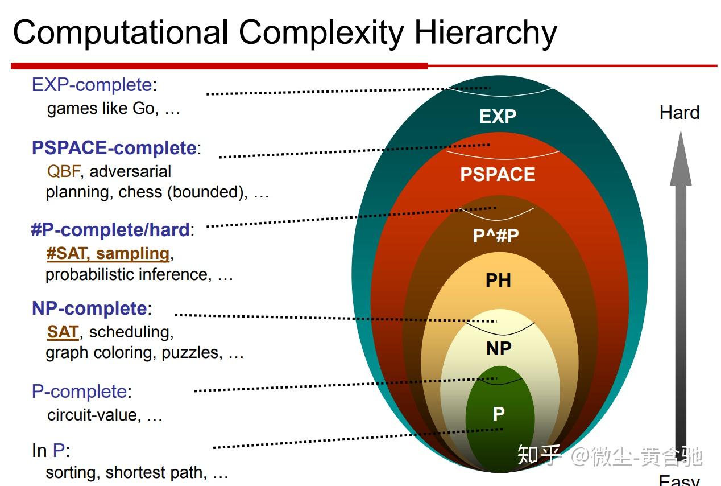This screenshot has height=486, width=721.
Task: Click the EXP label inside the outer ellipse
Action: click(498, 116)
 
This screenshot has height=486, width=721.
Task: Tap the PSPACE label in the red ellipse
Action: click(498, 174)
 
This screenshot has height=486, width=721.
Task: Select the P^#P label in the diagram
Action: click(496, 235)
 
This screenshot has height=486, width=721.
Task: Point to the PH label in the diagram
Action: click(498, 280)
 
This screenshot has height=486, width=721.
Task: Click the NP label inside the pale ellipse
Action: click(499, 348)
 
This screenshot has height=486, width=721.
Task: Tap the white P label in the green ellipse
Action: click(499, 414)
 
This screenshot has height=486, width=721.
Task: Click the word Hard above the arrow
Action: click(679, 113)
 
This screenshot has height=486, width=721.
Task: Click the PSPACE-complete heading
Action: click(116, 148)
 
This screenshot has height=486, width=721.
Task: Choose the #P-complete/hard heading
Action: click(113, 230)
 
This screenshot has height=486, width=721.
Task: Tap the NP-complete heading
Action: click(92, 308)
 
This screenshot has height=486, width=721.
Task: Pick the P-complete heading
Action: click(82, 392)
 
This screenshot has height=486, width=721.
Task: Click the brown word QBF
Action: click(64, 171)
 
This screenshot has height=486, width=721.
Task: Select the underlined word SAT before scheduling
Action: click(63, 332)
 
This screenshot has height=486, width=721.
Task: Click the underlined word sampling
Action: click(132, 254)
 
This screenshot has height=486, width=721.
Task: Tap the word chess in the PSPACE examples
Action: click(140, 192)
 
